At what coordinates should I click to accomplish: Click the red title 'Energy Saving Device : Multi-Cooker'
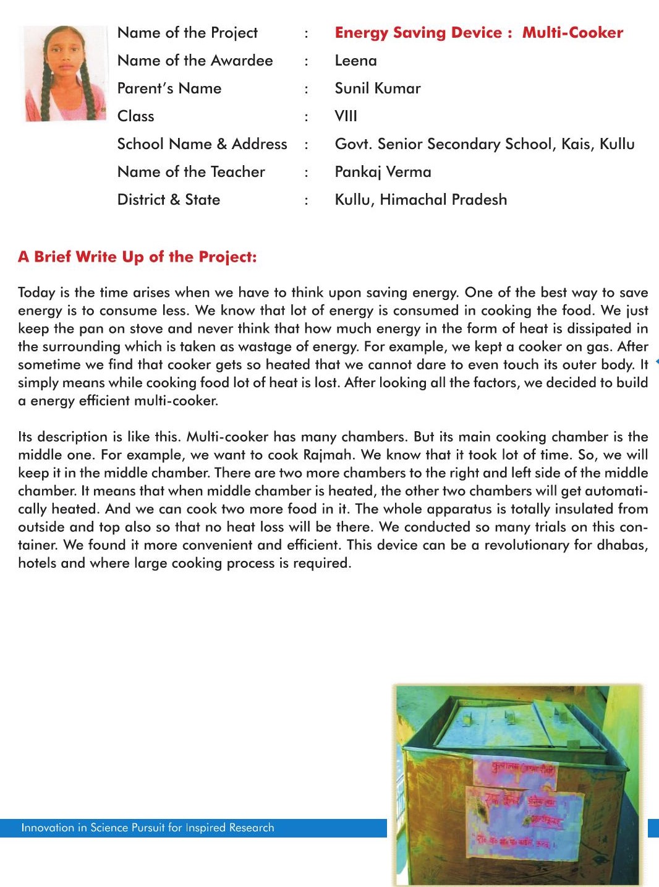coord(478,33)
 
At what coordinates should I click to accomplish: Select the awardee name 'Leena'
coord(355,61)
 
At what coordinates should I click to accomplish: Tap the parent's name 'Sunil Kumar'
coord(377,88)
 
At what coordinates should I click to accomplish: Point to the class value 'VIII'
coord(346,116)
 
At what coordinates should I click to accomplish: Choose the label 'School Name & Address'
coord(202,144)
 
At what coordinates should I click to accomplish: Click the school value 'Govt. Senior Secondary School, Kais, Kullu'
coord(484,144)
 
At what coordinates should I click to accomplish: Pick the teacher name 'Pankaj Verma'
coord(383,172)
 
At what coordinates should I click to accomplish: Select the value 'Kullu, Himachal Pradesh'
coord(420,200)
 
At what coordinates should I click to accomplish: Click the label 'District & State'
coord(169,200)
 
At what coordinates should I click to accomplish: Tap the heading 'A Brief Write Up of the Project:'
coord(137,257)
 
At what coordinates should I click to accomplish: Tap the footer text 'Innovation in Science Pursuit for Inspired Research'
coord(148,828)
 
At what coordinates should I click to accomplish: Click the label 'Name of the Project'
coord(187,33)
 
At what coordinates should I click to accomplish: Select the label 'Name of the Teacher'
coord(191,172)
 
